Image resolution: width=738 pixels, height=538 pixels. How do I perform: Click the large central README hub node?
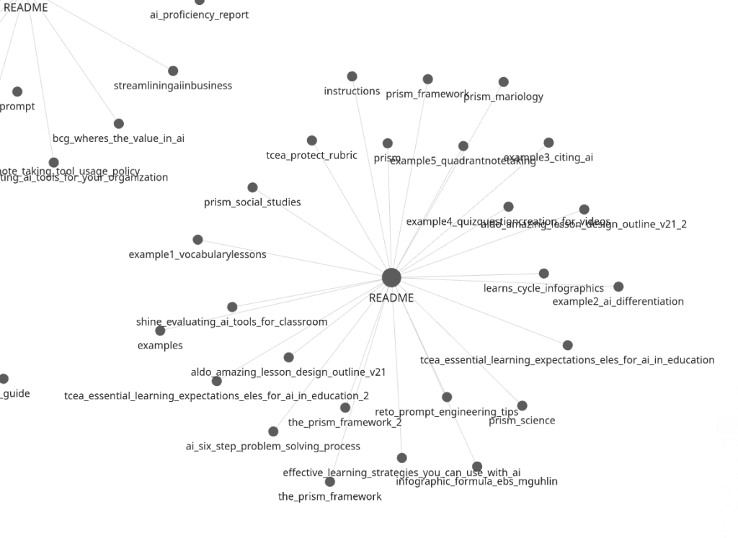coord(391,277)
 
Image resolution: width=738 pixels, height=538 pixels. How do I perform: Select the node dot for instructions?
coord(352,76)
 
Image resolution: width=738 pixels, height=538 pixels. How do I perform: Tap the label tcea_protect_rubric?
coord(311,156)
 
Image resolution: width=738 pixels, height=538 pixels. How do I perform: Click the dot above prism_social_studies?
coord(252,187)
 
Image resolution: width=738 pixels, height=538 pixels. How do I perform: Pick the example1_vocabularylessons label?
coord(197,254)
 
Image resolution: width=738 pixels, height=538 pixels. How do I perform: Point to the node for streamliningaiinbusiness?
coord(173,71)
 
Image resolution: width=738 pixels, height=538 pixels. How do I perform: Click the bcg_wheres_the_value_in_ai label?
coord(118,138)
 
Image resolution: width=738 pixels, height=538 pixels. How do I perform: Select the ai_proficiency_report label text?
coord(199,14)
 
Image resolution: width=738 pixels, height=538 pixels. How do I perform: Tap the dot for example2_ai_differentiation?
coord(618,287)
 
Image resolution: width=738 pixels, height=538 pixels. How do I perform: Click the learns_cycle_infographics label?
coord(543,288)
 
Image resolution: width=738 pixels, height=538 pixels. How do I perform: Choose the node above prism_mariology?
coord(504,82)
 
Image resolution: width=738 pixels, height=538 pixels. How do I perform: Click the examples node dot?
coord(160,331)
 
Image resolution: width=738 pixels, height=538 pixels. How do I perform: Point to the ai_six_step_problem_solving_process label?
coord(273,447)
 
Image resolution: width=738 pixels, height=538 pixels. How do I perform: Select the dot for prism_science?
coord(523,406)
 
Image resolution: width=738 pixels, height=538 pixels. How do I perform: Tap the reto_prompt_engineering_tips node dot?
coord(447,397)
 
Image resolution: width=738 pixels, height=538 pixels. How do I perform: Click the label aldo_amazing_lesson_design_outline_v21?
coord(288,372)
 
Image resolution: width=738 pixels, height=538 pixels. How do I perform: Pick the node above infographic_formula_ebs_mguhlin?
coord(477,467)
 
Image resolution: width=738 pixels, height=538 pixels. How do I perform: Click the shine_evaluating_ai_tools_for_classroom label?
coord(231,322)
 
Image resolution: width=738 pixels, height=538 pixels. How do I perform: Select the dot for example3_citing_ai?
coord(548,143)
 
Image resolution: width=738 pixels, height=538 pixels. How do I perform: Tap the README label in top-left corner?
coord(26,7)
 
